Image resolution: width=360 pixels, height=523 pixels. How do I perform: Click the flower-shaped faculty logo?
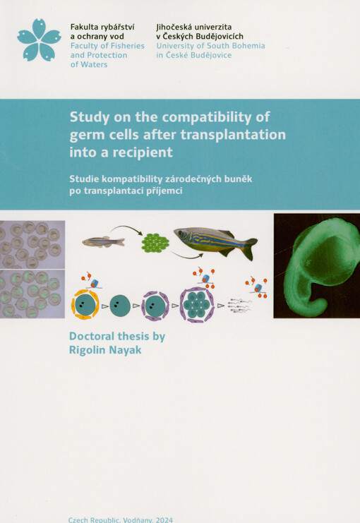(39, 41)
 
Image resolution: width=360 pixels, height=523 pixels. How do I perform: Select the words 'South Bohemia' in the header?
(235, 46)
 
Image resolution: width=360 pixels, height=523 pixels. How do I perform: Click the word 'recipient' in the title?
(147, 152)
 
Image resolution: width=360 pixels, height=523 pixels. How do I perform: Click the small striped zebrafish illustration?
(103, 241)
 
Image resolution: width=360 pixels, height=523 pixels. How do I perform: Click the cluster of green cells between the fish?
(155, 244)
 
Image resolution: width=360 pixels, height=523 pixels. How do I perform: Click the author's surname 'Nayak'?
(121, 351)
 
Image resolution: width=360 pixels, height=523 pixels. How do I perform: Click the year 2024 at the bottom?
(161, 519)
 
